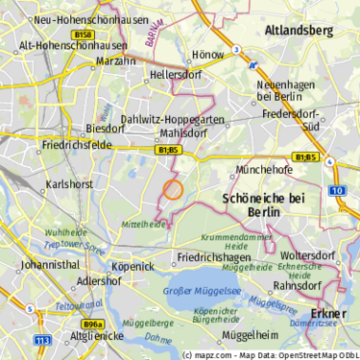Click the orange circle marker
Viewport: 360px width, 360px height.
(173, 189)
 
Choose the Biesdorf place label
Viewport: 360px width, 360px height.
(106, 128)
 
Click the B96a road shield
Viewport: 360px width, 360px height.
(92, 324)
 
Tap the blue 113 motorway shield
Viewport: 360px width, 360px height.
(42, 340)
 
